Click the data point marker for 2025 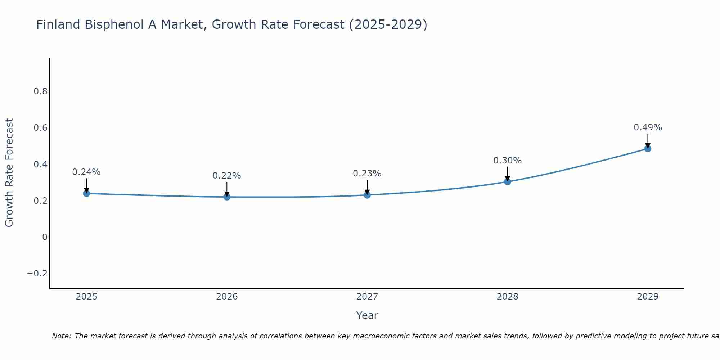[86, 193]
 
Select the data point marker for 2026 [227, 197]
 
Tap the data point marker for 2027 [367, 195]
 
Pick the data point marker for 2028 [507, 182]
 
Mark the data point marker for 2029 [648, 149]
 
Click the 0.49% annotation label [648, 127]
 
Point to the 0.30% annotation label [507, 161]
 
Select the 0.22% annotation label [227, 176]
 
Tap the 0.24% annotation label [86, 172]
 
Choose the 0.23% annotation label [367, 174]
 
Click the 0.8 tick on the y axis [41, 91]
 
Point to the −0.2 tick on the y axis [37, 274]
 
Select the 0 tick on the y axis [45, 237]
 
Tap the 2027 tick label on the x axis [367, 297]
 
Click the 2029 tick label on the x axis [648, 297]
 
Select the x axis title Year [367, 315]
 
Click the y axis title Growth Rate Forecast [9, 173]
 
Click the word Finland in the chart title [58, 25]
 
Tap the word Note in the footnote [62, 336]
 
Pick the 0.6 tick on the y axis [41, 128]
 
